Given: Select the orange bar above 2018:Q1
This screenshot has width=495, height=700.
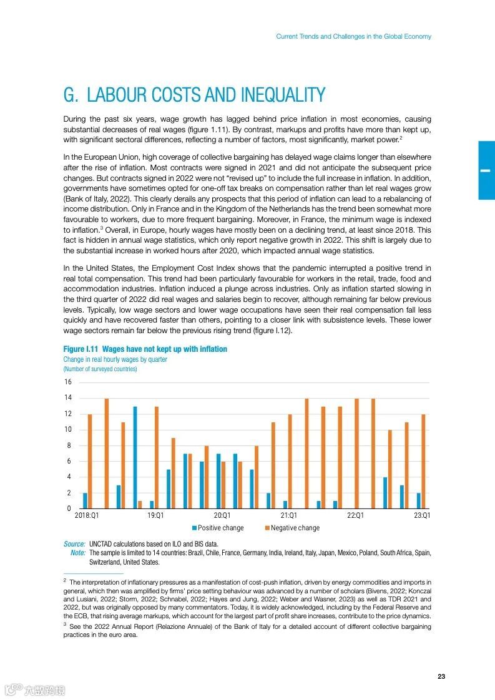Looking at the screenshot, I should (x=90, y=461).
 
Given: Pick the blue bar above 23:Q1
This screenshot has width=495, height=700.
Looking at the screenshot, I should (x=418, y=500).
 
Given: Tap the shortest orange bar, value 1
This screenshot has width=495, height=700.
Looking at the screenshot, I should (x=140, y=504).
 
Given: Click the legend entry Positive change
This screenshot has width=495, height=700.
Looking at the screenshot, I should (x=218, y=528).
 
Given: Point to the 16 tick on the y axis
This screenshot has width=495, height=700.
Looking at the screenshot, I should (x=67, y=382).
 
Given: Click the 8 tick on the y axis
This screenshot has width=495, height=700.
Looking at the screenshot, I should (x=69, y=445).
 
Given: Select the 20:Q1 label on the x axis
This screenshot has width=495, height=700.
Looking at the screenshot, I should (x=222, y=516).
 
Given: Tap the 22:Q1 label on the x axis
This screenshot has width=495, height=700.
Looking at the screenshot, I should (x=355, y=516).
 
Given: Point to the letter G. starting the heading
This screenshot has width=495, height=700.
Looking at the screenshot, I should (x=71, y=95).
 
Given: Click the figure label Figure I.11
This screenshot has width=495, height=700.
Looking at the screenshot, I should (x=81, y=349).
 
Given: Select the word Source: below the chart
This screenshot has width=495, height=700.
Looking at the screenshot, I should (x=74, y=544).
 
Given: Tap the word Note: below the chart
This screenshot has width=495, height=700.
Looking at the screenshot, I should (x=78, y=553).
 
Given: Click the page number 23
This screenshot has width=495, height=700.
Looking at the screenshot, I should (x=441, y=677).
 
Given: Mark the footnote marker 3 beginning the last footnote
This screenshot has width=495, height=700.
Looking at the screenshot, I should (x=65, y=623).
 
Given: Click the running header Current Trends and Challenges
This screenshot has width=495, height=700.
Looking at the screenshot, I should (x=353, y=37).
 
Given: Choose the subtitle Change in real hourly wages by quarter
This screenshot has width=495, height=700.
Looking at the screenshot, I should (x=115, y=359).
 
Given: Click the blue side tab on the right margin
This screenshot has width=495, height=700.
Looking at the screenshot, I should (x=486, y=170).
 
